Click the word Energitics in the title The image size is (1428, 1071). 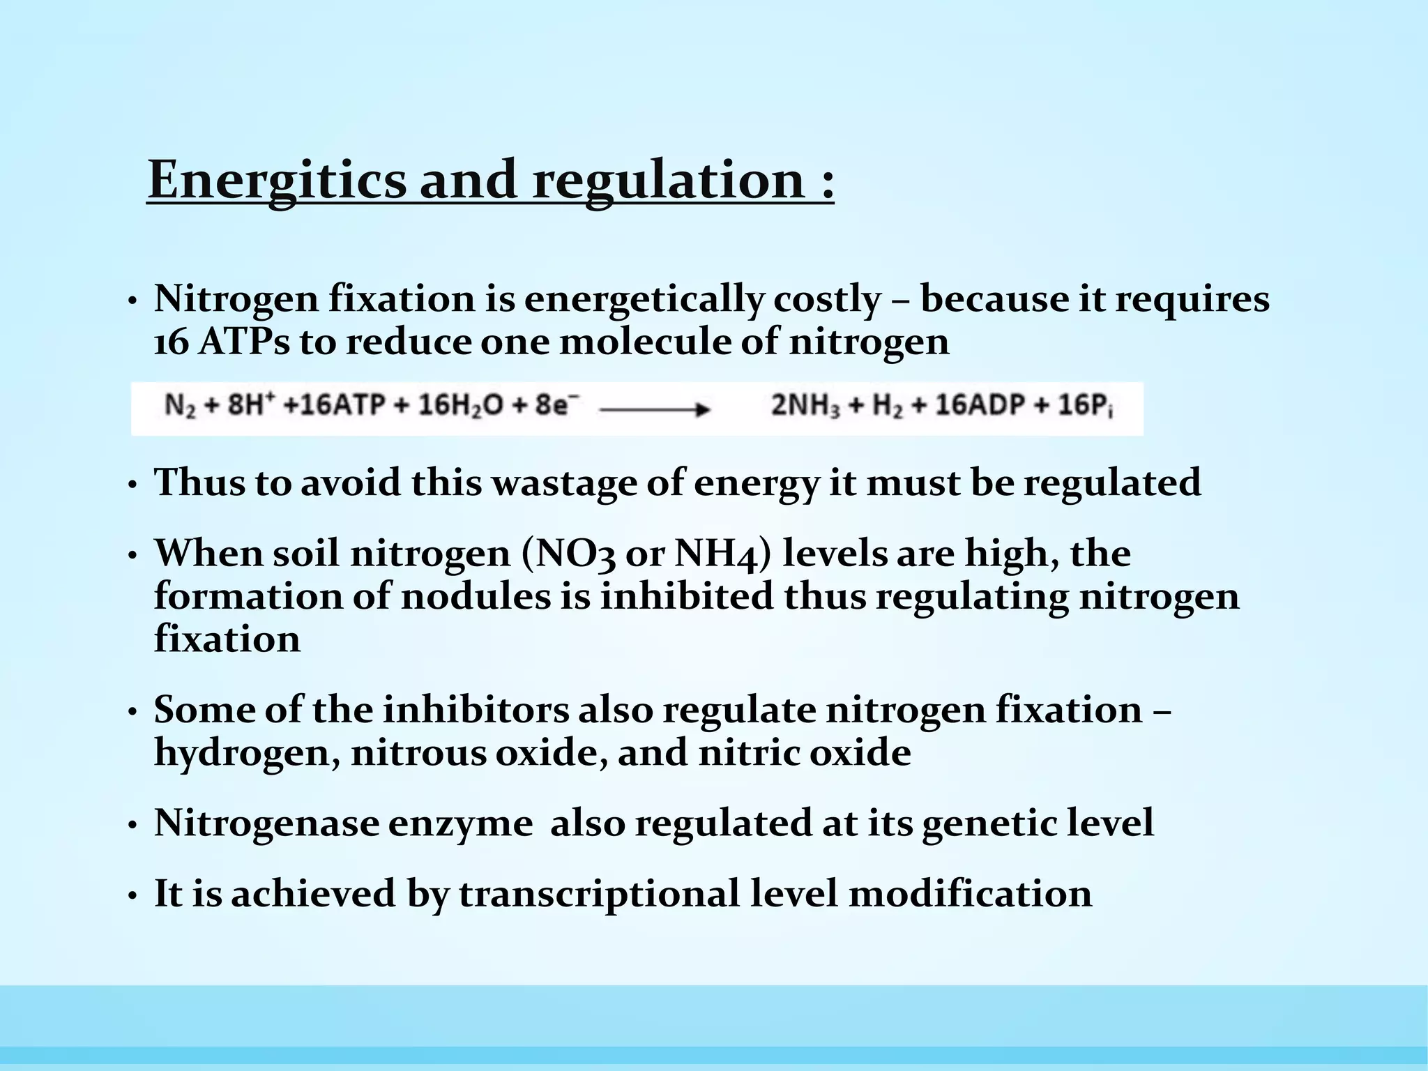pos(277,180)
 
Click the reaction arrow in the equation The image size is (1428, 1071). pos(654,410)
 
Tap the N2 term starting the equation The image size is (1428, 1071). pos(180,407)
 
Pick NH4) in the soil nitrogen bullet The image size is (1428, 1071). pos(723,554)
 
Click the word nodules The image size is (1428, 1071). pos(476,597)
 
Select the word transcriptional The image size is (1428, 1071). pos(598,894)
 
